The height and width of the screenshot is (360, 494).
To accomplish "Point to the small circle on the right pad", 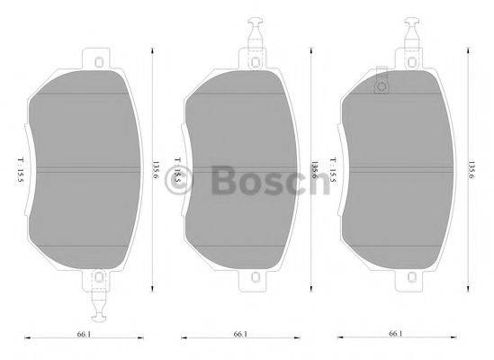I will [x=379, y=86].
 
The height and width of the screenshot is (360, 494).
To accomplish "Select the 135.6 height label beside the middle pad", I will [x=314, y=169].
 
